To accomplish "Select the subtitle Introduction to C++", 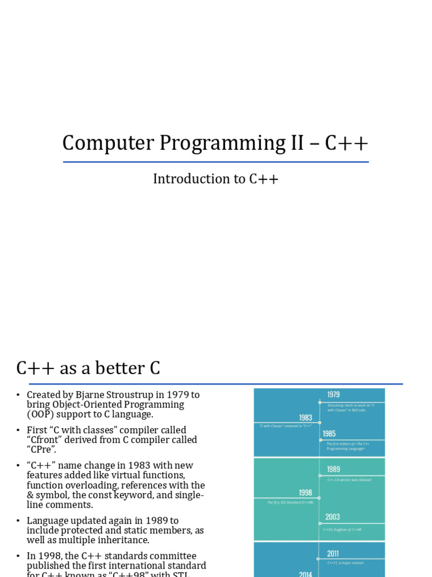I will (216, 179).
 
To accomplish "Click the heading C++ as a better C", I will (88, 369).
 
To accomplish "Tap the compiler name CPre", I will (42, 450).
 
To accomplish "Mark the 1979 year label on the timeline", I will (334, 395).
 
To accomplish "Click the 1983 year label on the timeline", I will (305, 418).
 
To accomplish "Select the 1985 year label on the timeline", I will (330, 434).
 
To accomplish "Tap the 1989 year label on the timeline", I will (334, 469).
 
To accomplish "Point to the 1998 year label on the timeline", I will (305, 493).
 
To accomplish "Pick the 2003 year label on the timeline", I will (332, 517).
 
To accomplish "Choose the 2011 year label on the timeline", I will (333, 553).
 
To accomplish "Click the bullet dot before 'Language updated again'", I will (18, 521).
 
